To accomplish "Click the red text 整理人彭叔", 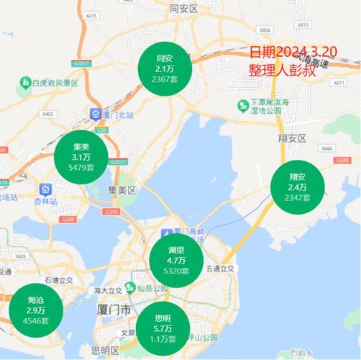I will (x=283, y=71).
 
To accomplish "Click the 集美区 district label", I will (x=122, y=189).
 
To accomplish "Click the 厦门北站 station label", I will (x=116, y=114).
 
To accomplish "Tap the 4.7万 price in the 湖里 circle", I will (x=176, y=261).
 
